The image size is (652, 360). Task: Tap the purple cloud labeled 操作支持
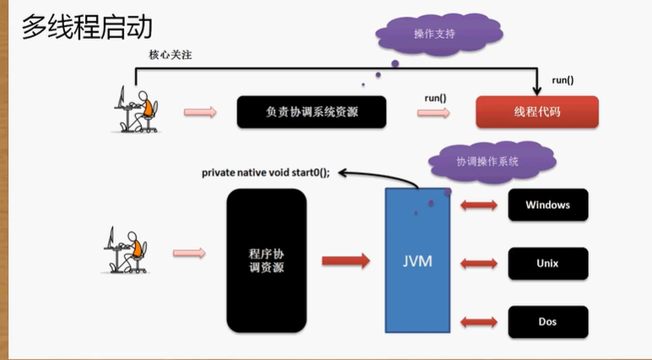(434, 35)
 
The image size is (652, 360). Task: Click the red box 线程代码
(536, 112)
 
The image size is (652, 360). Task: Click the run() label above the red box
(562, 80)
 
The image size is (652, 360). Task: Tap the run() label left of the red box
(436, 98)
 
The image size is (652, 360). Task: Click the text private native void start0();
(265, 172)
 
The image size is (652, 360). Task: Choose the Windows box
(547, 205)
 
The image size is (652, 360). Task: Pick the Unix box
(547, 263)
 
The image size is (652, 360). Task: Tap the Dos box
(547, 321)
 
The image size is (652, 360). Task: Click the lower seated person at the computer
(126, 249)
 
